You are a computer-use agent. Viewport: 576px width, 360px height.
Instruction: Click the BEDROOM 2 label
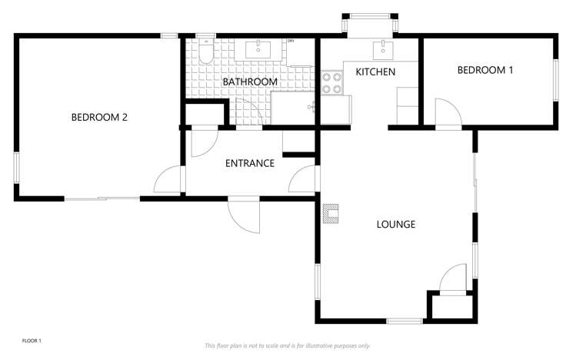[98, 118]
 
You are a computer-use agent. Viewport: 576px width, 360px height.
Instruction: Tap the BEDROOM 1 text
[485, 70]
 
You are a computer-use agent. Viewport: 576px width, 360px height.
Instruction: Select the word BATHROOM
[249, 82]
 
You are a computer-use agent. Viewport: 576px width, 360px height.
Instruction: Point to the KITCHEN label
[375, 72]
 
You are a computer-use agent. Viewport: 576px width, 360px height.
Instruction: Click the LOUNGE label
[396, 225]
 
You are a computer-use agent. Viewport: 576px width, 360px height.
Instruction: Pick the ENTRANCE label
[249, 163]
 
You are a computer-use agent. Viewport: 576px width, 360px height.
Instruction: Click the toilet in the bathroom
[205, 52]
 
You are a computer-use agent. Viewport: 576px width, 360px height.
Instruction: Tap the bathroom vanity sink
[257, 50]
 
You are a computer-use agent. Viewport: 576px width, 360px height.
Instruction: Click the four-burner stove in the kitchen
[331, 83]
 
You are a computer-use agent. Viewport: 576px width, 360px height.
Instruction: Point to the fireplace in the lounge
[331, 213]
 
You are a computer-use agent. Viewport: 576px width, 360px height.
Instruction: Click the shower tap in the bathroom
[311, 107]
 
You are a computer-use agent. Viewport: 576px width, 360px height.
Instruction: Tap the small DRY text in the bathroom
[291, 42]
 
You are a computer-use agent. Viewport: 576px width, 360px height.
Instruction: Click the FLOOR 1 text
[32, 339]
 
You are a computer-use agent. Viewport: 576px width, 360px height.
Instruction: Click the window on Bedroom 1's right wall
[555, 78]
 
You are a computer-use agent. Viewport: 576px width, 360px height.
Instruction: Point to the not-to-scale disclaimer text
[288, 346]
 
